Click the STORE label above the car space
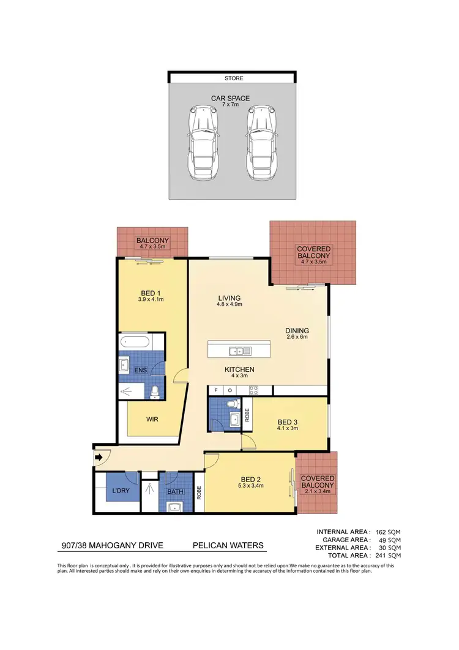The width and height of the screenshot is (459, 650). pyautogui.click(x=234, y=78)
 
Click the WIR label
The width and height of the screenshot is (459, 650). pyautogui.click(x=153, y=420)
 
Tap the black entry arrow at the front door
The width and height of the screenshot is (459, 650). pyautogui.click(x=100, y=456)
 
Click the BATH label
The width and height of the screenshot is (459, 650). pyautogui.click(x=176, y=491)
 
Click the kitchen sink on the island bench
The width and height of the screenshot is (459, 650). pyautogui.click(x=236, y=351)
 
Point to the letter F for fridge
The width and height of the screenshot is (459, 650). pyautogui.click(x=215, y=390)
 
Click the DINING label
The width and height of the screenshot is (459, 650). pyautogui.click(x=297, y=331)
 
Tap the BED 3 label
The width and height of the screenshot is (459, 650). pyautogui.click(x=288, y=422)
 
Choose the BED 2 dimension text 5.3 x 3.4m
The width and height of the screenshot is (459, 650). pyautogui.click(x=250, y=486)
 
